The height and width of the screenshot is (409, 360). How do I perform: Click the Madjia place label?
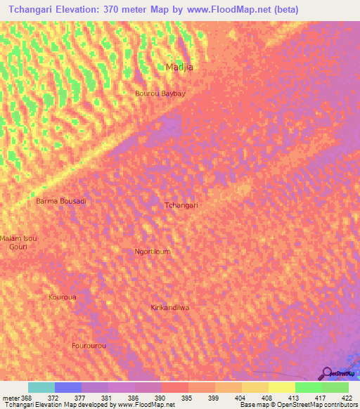click(x=179, y=67)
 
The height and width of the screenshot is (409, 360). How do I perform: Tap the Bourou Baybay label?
click(x=160, y=93)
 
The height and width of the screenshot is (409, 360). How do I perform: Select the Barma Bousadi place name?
click(x=61, y=201)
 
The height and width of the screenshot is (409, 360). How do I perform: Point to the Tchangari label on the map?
click(x=181, y=205)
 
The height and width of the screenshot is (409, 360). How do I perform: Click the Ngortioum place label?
click(x=152, y=251)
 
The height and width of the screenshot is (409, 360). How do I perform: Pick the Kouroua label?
click(x=62, y=297)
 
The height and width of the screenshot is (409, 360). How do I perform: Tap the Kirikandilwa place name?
click(x=171, y=308)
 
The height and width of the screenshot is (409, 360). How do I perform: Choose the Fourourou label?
click(x=89, y=346)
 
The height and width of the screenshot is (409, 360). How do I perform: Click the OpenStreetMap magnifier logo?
click(x=326, y=373)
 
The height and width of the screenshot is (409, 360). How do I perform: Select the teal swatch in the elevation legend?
click(x=41, y=387)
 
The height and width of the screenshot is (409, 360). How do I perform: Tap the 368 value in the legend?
click(x=27, y=397)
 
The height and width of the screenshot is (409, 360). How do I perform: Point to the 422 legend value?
click(x=347, y=397)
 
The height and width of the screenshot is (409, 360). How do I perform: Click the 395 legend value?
click(x=186, y=397)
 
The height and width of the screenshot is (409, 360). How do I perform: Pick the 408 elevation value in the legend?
click(x=266, y=397)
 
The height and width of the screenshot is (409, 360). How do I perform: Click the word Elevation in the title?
click(x=86, y=10)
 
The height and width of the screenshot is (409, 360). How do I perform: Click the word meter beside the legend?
click(x=10, y=397)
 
